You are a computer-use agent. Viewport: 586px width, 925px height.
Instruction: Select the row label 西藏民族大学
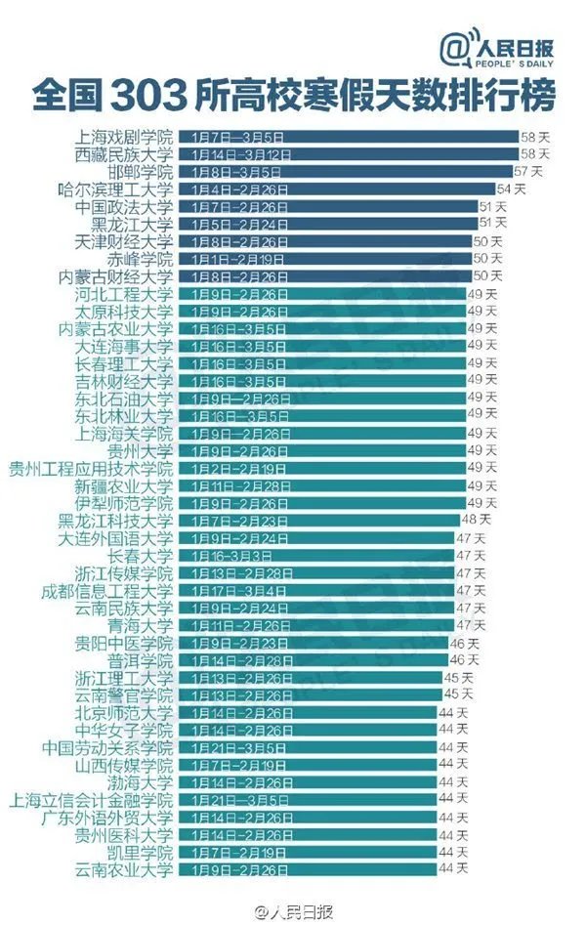124,154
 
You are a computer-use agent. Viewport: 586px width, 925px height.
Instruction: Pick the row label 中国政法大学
124,207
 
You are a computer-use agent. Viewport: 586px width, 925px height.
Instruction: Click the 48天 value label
476,520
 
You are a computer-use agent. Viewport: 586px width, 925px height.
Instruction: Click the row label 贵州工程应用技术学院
91,468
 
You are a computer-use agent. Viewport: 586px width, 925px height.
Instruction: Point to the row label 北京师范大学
124,712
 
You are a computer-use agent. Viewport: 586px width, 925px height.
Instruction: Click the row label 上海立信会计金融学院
91,799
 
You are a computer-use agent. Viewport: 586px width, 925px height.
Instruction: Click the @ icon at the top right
455,48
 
